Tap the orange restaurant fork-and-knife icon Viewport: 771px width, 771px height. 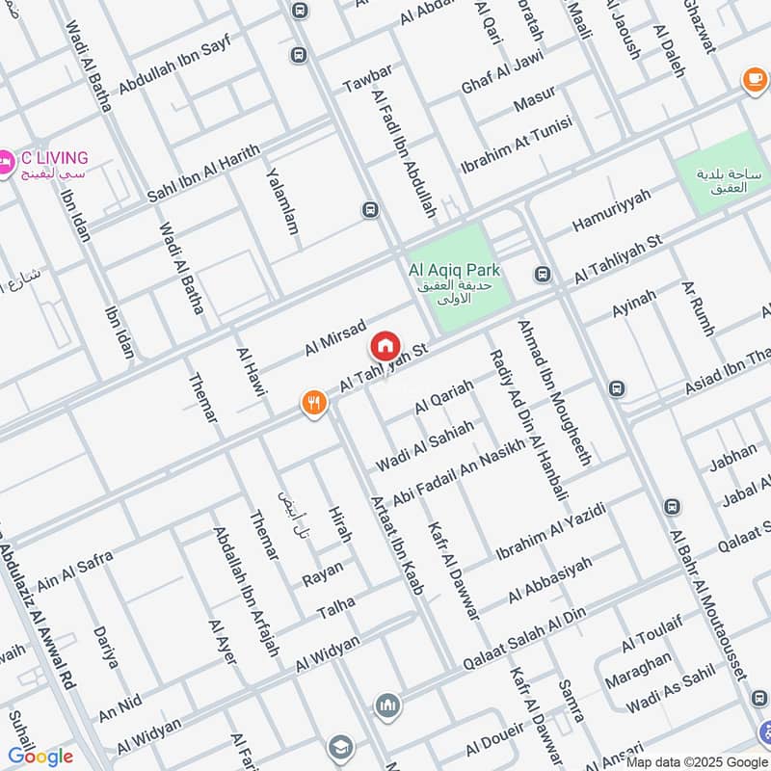(312, 403)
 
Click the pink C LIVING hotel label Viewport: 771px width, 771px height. (54, 158)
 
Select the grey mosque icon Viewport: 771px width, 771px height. (387, 706)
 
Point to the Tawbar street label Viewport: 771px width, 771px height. (367, 80)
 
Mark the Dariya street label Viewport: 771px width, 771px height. (106, 648)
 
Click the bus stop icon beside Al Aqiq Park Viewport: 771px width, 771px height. (543, 275)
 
